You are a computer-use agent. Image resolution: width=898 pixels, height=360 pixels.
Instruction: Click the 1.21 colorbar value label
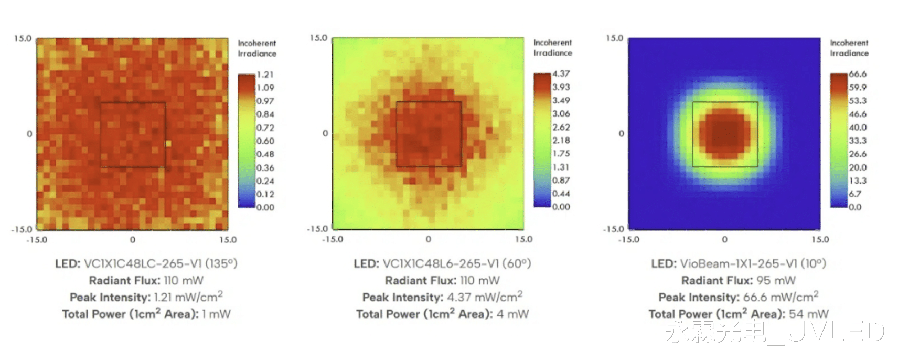click(265, 75)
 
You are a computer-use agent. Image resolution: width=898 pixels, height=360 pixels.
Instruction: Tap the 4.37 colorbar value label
click(561, 74)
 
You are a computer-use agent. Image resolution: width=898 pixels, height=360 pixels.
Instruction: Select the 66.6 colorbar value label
click(858, 74)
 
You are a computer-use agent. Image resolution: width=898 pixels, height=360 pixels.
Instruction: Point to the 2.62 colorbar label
click(561, 127)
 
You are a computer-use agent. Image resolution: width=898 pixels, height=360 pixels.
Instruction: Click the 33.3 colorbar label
click(858, 141)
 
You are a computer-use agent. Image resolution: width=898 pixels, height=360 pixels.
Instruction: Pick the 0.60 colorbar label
click(265, 141)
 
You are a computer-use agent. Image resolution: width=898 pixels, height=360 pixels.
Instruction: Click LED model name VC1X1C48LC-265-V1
click(143, 263)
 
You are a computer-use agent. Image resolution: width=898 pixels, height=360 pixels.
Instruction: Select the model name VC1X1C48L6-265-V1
click(441, 263)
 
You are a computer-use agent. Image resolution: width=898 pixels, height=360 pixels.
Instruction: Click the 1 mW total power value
click(216, 314)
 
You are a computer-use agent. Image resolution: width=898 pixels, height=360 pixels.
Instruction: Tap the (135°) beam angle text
click(221, 263)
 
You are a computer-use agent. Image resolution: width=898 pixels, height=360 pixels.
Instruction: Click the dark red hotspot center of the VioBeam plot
click(725, 133)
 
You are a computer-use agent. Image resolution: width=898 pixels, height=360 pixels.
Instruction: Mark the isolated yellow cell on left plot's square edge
click(168, 143)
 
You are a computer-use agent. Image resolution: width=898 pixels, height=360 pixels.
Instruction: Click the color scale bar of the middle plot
click(542, 140)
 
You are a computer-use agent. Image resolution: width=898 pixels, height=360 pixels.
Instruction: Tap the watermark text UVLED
click(836, 332)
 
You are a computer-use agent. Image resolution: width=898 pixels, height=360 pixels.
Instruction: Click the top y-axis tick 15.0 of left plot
click(23, 39)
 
